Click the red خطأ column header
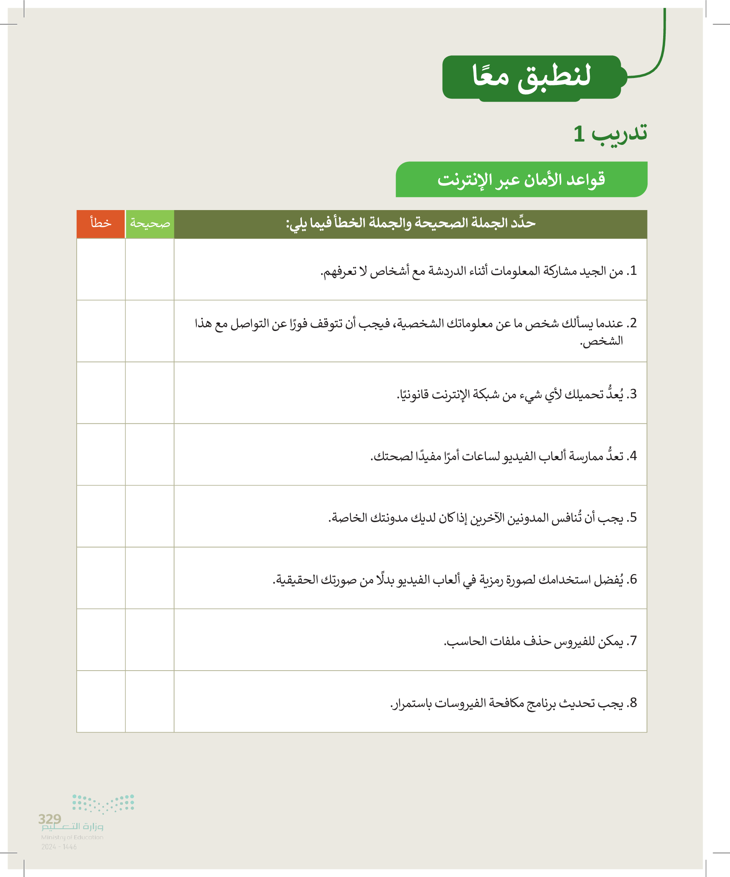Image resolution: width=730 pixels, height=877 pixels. coord(101,224)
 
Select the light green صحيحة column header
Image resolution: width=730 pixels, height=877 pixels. coord(150,224)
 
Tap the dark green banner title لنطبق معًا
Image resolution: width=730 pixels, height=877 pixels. coord(531,77)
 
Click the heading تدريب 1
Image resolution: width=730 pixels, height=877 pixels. coord(610,134)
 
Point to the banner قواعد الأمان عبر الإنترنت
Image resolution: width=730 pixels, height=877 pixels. coord(521,180)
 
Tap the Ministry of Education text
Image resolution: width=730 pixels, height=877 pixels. coord(72,837)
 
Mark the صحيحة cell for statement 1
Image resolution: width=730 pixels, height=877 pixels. coord(150,269)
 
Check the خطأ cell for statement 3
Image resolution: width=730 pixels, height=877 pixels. coord(101,392)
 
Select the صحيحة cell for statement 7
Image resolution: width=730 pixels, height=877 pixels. coord(150,640)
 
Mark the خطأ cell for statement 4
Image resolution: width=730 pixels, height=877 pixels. coord(101,454)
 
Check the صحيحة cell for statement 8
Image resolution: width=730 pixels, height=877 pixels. coord(150,702)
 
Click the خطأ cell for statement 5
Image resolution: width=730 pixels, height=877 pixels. coord(101,516)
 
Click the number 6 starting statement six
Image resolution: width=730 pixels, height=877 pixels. coord(633,579)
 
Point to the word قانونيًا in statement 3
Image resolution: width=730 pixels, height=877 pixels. coord(413,394)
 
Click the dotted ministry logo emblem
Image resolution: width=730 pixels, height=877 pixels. coord(103,804)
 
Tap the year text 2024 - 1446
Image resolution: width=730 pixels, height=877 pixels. coord(59,847)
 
